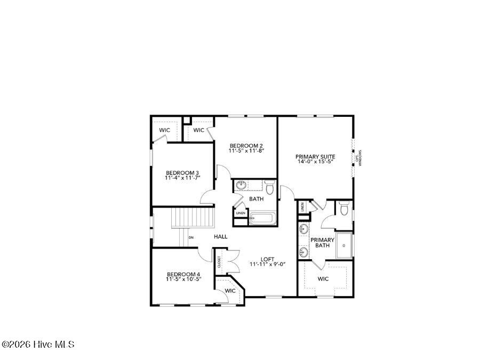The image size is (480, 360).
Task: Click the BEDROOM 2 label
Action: click(246, 146)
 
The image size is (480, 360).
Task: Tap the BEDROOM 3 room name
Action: click(182, 173)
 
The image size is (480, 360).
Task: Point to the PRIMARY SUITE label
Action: click(315, 157)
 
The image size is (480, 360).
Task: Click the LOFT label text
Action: click(267, 260)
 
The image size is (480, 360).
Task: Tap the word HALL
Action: click(221, 236)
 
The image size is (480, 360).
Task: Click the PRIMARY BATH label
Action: click(322, 243)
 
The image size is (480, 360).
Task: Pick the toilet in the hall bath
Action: click(269, 188)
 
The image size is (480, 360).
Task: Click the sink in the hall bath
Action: click(241, 186)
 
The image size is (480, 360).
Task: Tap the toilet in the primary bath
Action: click(344, 210)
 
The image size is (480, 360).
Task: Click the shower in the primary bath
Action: click(344, 245)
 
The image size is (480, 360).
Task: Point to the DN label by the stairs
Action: click(191, 237)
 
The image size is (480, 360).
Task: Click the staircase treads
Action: click(192, 218)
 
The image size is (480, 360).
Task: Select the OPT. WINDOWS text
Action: click(358, 157)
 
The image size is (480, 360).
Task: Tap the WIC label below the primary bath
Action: click(323, 279)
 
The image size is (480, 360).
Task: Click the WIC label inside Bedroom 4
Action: click(230, 291)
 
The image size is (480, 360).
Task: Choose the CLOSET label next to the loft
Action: click(219, 262)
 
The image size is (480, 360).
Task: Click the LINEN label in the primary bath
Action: click(302, 207)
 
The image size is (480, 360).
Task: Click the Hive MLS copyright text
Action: click(38, 345)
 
